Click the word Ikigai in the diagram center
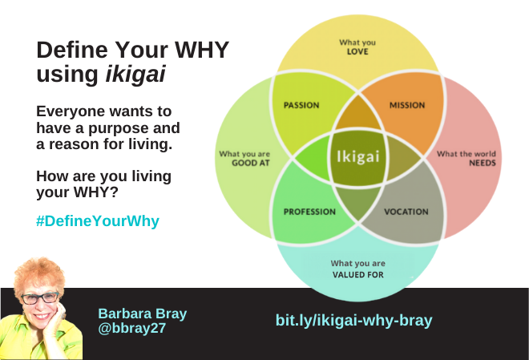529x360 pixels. pos(358,156)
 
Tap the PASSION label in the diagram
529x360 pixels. pos(301,105)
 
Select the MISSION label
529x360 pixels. pos(407,105)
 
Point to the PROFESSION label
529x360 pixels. pos(309,212)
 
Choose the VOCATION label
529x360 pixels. pos(406,212)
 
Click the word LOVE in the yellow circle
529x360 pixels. pos(357,51)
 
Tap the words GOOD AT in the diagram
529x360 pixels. pos(251,164)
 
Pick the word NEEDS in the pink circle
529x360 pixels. pos(483,164)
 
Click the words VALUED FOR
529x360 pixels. pos(358,275)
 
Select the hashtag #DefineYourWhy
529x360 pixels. pos(98,221)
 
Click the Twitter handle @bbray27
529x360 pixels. pos(132,328)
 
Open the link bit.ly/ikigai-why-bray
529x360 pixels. pos(354,320)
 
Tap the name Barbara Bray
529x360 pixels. pos(143,313)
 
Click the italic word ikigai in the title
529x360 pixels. pos(135,74)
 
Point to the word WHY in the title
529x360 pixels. pos(202,50)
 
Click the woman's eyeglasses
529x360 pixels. pos(40,298)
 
